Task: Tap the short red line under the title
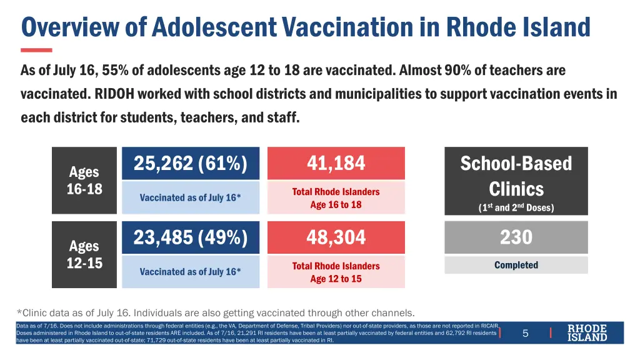[x=36, y=50]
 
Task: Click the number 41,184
[x=336, y=163]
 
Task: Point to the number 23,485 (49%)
[x=191, y=237]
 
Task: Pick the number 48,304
[x=336, y=237]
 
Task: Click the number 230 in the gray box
[x=516, y=237]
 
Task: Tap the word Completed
[x=516, y=265]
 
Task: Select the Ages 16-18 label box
[x=84, y=181]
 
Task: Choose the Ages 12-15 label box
[x=84, y=254]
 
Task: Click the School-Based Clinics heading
[x=516, y=176]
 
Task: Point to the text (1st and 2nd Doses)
[x=516, y=207]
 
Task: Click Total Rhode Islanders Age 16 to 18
[x=336, y=198]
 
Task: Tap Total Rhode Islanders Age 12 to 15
[x=336, y=272]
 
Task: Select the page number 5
[x=525, y=333]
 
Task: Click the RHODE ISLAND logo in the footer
[x=587, y=332]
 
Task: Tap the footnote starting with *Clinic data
[x=216, y=312]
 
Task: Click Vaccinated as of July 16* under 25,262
[x=190, y=197]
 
